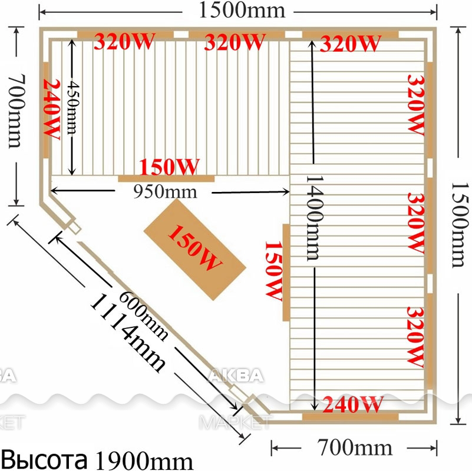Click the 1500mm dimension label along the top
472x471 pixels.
[x=242, y=11]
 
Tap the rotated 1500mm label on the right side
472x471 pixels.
[x=460, y=225]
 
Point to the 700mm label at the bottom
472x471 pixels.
[x=355, y=448]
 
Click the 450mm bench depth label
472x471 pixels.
[x=73, y=108]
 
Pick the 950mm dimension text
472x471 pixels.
[x=165, y=192]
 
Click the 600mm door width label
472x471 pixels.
[x=143, y=316]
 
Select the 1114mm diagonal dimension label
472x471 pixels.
[x=128, y=333]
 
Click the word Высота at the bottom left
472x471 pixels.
[x=46, y=460]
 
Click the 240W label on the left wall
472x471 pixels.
[x=52, y=110]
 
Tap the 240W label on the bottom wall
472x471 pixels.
[x=353, y=404]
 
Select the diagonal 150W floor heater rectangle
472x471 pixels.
[x=194, y=249]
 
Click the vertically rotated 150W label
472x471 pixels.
[x=273, y=271]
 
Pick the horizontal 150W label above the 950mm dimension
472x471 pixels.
[x=169, y=167]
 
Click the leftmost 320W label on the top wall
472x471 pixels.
[x=124, y=41]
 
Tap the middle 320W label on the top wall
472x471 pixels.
[x=235, y=41]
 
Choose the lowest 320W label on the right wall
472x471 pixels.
[x=415, y=337]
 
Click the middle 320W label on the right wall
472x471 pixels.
[x=415, y=223]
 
